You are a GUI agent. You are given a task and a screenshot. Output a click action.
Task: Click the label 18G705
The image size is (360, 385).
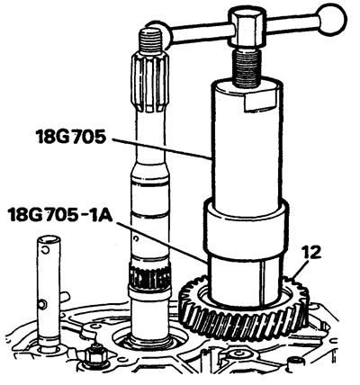click(x=71, y=138)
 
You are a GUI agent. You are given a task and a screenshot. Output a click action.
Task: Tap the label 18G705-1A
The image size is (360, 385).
click(x=60, y=215)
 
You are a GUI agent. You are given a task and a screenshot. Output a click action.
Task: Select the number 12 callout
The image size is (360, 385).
click(x=311, y=253)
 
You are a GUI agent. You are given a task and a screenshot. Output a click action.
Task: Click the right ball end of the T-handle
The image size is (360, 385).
click(x=332, y=22)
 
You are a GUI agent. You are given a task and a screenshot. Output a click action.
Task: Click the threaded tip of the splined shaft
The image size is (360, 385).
click(x=152, y=40)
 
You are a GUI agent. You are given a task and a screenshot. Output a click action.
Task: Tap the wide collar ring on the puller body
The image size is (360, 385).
click(x=246, y=228)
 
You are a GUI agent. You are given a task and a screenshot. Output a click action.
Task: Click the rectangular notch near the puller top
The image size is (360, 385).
click(x=259, y=102)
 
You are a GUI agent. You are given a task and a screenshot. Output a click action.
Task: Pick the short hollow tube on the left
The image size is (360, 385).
click(x=49, y=290)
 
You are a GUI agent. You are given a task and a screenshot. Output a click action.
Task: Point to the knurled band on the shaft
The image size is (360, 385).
click(x=149, y=274)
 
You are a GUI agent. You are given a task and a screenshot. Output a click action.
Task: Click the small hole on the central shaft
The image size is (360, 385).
click(x=137, y=238)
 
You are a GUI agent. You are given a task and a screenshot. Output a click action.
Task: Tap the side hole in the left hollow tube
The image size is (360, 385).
click(x=43, y=305)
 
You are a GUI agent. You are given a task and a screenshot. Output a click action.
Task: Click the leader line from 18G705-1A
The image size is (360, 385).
click(x=161, y=243)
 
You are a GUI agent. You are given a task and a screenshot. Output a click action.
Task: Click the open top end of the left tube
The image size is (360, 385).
click(x=49, y=239)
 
